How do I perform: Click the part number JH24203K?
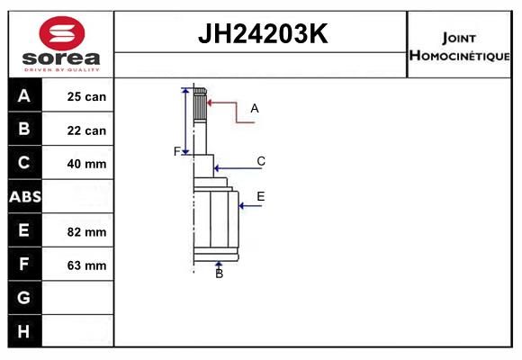263,33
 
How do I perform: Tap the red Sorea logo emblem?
62,33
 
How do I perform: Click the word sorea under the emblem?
61,58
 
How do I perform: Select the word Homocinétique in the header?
459,56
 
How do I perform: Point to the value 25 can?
86,96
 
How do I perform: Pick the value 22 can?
86,130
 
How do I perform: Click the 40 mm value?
86,164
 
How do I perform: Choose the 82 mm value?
86,232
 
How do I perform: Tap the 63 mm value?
86,265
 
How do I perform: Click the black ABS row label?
25,196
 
